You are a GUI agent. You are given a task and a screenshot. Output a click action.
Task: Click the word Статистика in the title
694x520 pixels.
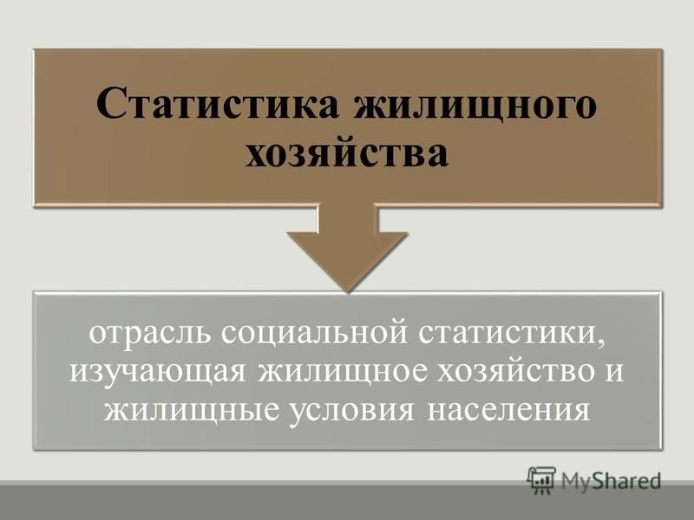coord(218,105)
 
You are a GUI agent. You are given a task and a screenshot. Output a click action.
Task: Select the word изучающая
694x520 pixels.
coord(158,373)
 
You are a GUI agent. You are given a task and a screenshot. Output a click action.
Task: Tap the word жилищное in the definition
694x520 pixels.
coord(344,373)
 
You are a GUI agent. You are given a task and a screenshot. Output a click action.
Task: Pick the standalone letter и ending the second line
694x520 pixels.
coord(614,372)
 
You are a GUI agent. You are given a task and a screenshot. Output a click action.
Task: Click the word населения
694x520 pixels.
coord(508,410)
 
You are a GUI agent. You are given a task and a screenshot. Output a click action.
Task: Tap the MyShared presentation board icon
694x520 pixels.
coord(541,480)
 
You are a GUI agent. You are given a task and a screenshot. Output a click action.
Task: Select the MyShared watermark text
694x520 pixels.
coord(612,481)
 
